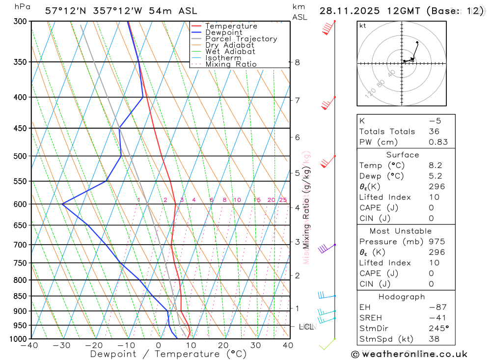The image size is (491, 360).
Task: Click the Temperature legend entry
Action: coord(231,26)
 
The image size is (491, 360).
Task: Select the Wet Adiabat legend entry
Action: coord(230,52)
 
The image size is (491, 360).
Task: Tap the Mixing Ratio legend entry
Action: coord(231,64)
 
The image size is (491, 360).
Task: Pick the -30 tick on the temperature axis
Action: coord(61,345)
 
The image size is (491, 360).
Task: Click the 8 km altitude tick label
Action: coord(297,62)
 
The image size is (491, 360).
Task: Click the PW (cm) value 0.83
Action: coord(438,142)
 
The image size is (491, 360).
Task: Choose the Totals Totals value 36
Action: coord(434,132)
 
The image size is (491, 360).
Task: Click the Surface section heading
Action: coord(402,155)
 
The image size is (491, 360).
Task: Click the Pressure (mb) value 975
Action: coord(436,242)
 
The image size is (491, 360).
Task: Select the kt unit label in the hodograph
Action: coord(362,26)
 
